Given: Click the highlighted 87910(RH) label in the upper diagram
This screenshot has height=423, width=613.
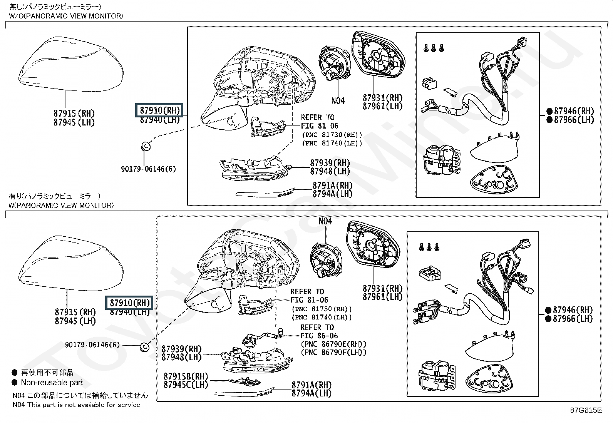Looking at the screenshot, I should point(160,110).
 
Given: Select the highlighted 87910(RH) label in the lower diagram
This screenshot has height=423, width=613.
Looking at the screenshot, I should point(130,303).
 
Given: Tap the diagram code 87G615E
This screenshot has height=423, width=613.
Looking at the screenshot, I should point(586,410).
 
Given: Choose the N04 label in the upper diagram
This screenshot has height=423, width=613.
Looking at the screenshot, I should point(338,101).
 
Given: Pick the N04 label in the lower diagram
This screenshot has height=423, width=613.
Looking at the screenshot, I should point(325,221).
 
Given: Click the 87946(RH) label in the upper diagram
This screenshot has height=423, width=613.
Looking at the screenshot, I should point(574,111).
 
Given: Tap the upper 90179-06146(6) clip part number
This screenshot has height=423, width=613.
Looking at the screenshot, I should point(148,169).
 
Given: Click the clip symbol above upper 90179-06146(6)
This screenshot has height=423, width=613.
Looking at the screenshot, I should point(146,146).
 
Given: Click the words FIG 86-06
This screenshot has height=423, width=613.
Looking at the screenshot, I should point(319,336).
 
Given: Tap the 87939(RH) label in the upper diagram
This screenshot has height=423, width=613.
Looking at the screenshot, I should point(330,163).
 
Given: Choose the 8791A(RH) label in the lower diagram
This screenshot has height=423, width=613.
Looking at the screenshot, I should point(311,385).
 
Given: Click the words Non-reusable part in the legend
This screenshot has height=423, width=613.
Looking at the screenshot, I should point(52,383).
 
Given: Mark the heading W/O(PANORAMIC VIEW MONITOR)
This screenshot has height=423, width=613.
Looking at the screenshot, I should point(66,16).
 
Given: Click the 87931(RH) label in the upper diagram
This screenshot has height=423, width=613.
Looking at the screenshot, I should point(382,98).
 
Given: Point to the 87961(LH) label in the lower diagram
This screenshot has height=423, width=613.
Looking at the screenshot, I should point(382,297).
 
